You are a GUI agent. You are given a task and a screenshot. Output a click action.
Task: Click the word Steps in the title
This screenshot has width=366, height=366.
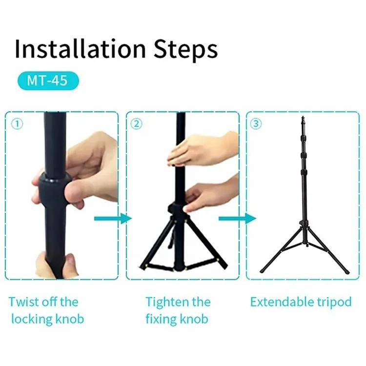tap(185, 50)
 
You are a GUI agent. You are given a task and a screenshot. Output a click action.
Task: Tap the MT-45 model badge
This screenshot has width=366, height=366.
tap(48, 81)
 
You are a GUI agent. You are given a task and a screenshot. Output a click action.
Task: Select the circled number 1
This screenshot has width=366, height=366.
tap(17, 124)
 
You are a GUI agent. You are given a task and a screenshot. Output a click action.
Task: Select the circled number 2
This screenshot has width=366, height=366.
tap(137, 124)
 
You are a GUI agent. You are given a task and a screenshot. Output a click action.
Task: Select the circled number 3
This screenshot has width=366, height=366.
tap(256, 124)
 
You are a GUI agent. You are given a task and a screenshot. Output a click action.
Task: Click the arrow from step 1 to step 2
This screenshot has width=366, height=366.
tap(113, 219)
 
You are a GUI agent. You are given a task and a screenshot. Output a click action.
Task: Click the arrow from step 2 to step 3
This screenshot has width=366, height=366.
tap(237, 219)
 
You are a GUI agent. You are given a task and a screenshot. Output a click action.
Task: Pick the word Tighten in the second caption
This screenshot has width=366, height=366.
tap(167, 302)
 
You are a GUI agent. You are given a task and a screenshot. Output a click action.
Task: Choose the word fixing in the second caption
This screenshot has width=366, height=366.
tap(161, 319)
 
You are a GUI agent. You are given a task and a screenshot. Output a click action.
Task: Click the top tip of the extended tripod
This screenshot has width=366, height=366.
tap(303, 117)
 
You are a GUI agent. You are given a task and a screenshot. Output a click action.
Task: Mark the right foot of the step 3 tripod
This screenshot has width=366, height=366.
tap(347, 272)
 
